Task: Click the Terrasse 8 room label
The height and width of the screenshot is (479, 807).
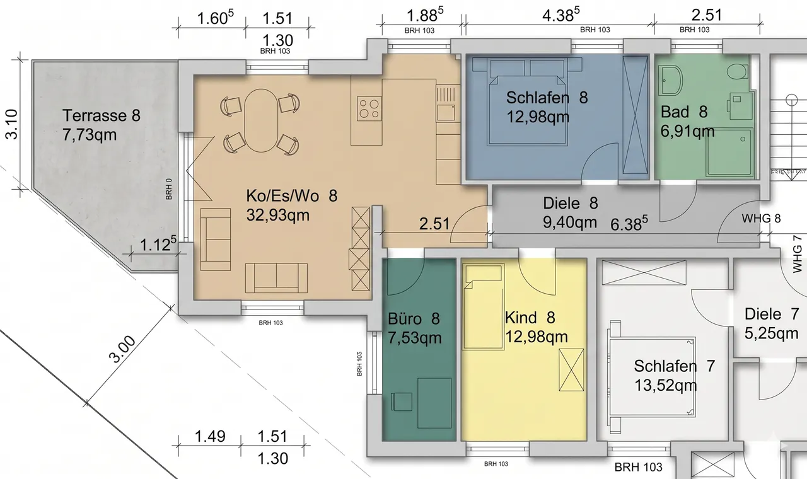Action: pyautogui.click(x=102, y=115)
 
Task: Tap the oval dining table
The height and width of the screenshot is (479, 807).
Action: pyautogui.click(x=261, y=120)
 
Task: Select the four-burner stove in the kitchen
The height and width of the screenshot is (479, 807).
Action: pyautogui.click(x=369, y=108)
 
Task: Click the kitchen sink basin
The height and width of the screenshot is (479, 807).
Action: pyautogui.click(x=446, y=112)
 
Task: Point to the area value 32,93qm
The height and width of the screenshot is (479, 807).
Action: pyautogui.click(x=278, y=215)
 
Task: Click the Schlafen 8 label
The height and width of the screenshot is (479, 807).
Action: pyautogui.click(x=547, y=98)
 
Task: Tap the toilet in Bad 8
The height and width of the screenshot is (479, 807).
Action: pyautogui.click(x=737, y=72)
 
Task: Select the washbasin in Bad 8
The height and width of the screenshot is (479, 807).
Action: pyautogui.click(x=670, y=80)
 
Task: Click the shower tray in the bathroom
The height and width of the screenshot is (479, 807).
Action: pyautogui.click(x=729, y=153)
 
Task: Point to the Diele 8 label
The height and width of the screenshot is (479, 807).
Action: pyautogui.click(x=571, y=203)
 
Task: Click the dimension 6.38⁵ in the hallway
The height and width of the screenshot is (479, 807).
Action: pyautogui.click(x=629, y=224)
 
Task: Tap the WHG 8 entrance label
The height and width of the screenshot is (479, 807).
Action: pyautogui.click(x=761, y=218)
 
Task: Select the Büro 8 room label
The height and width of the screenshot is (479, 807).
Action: pyautogui.click(x=414, y=319)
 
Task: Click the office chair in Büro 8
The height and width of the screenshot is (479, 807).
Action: pyautogui.click(x=402, y=401)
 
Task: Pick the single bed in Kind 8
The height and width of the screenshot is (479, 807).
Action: pyautogui.click(x=484, y=307)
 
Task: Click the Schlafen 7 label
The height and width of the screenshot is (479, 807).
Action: pyautogui.click(x=674, y=366)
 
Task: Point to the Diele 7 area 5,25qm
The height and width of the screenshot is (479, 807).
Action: pyautogui.click(x=771, y=333)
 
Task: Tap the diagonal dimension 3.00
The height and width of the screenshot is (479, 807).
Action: pyautogui.click(x=122, y=349)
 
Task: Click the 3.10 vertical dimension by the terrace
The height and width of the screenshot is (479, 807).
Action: pyautogui.click(x=11, y=124)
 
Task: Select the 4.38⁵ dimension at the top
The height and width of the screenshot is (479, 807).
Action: pyautogui.click(x=561, y=15)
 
